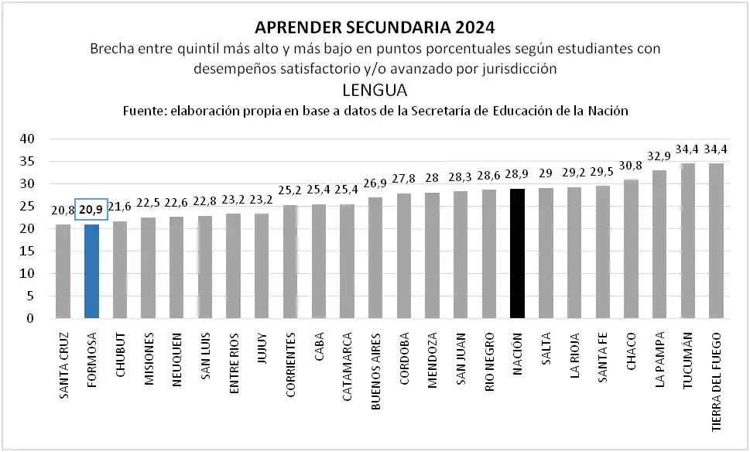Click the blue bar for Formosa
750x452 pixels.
click(x=91, y=271)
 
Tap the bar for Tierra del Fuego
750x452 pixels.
click(x=716, y=241)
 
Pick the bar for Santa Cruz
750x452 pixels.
click(x=63, y=271)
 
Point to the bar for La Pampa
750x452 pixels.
click(x=659, y=244)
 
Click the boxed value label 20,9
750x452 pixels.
click(x=91, y=210)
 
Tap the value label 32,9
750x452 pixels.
click(x=659, y=156)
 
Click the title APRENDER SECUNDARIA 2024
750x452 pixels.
click(x=374, y=29)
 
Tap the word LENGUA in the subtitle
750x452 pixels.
click(x=375, y=90)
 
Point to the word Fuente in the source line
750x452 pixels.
click(x=144, y=111)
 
